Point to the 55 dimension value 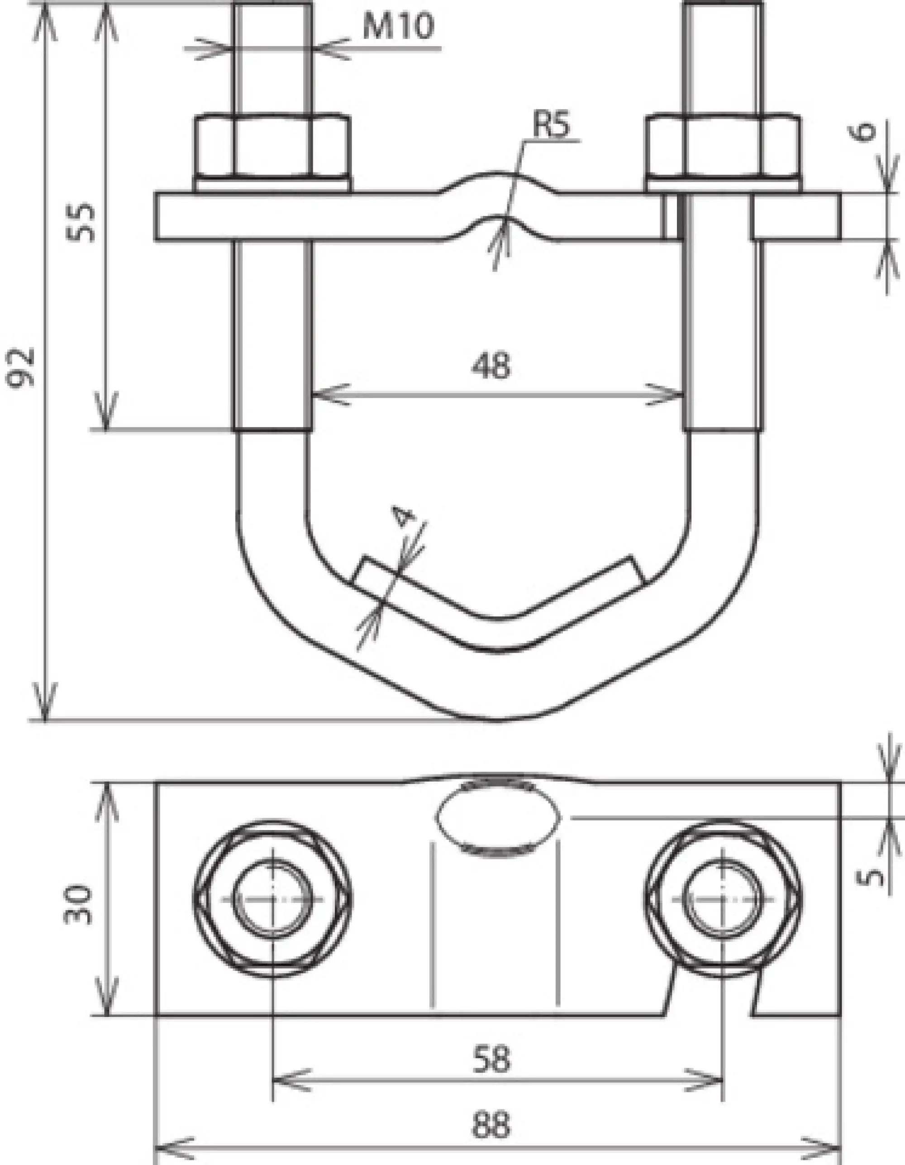[x=83, y=223]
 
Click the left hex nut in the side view [x=272, y=145]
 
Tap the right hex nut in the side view [x=723, y=145]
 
